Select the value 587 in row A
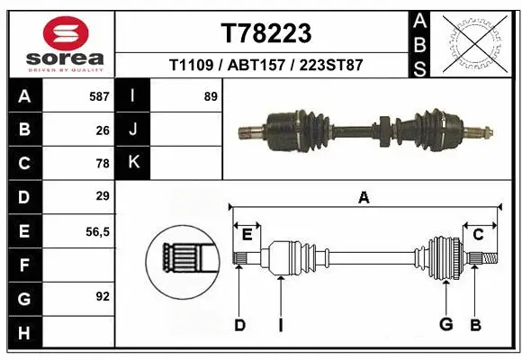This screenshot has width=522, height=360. [x=98, y=95]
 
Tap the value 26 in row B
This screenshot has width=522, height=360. [x=102, y=130]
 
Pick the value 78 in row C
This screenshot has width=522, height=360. [x=102, y=164]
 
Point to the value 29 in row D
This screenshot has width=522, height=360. [x=102, y=196]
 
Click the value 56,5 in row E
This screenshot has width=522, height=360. [x=97, y=231]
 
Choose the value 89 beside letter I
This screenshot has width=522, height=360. [x=211, y=95]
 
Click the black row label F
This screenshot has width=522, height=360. [x=23, y=265]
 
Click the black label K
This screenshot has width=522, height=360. [x=133, y=163]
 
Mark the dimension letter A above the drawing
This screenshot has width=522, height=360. [x=364, y=198]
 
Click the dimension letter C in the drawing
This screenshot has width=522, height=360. [x=479, y=235]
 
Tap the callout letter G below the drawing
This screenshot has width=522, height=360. [x=445, y=325]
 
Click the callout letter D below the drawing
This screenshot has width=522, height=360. [x=239, y=325]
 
